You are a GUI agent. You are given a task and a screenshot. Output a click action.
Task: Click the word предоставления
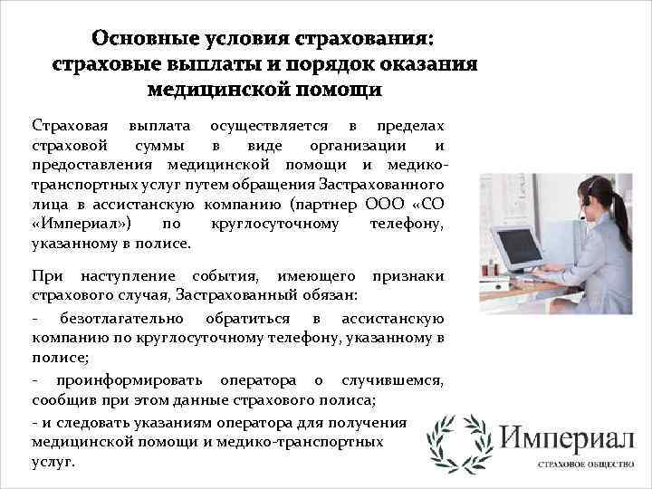coord(93,165)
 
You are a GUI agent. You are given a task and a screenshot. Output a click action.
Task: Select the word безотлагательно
coord(122,318)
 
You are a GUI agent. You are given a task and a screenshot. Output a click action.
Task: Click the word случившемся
coord(390,379)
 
